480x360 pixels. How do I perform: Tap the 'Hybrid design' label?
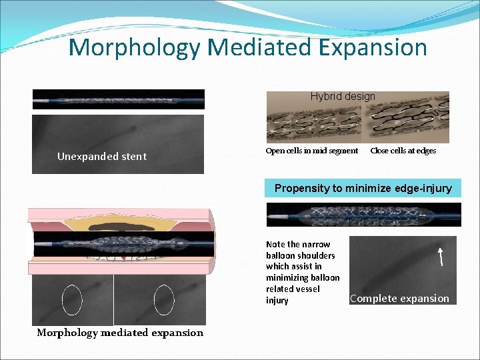coord(343,97)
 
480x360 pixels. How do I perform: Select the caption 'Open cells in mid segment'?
coord(312,151)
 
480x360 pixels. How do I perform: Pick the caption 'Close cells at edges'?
coord(403,151)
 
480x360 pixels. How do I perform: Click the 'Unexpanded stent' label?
coord(102,157)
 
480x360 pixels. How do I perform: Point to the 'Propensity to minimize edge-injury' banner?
coord(363,188)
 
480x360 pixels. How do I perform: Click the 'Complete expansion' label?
coord(399,299)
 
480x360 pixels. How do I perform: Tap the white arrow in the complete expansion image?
coord(440,256)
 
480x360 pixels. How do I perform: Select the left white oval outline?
coord(71,300)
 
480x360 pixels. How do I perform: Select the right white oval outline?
coord(163,300)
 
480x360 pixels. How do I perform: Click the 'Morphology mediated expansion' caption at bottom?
coord(120,333)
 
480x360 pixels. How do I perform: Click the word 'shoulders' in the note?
coord(316,255)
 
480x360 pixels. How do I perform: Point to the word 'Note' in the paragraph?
coord(275,244)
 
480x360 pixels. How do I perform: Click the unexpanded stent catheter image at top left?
coord(119,99)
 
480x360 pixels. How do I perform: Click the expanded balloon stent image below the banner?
coord(363,215)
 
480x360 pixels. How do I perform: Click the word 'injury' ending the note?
coord(277,301)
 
